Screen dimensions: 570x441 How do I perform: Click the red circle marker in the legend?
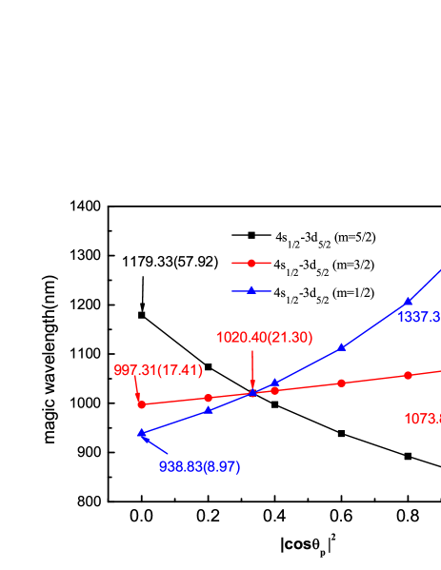(251, 263)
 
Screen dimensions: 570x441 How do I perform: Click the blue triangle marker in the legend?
(251, 290)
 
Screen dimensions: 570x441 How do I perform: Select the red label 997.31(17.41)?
(158, 370)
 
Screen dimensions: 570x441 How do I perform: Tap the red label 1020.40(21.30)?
(264, 338)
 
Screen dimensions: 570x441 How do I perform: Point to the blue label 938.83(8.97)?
(199, 466)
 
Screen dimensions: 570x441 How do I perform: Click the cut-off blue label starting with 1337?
(419, 317)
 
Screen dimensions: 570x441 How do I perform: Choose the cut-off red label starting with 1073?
(422, 418)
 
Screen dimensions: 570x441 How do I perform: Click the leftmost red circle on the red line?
(142, 404)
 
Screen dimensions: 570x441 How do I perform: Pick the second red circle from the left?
(209, 398)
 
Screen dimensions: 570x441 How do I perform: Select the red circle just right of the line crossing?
(274, 390)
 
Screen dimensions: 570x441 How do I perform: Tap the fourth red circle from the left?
(341, 383)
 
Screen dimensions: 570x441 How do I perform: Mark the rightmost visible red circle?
(408, 375)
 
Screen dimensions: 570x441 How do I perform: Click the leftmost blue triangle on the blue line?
(142, 433)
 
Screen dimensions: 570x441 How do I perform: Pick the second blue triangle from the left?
(209, 409)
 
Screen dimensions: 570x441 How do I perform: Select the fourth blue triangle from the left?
(341, 347)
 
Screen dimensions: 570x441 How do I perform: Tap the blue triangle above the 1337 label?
(408, 302)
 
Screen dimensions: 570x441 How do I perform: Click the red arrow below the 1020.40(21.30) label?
(252, 371)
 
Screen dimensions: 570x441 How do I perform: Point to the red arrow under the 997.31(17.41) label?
(138, 389)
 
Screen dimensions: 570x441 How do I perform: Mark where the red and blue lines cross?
(252, 393)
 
